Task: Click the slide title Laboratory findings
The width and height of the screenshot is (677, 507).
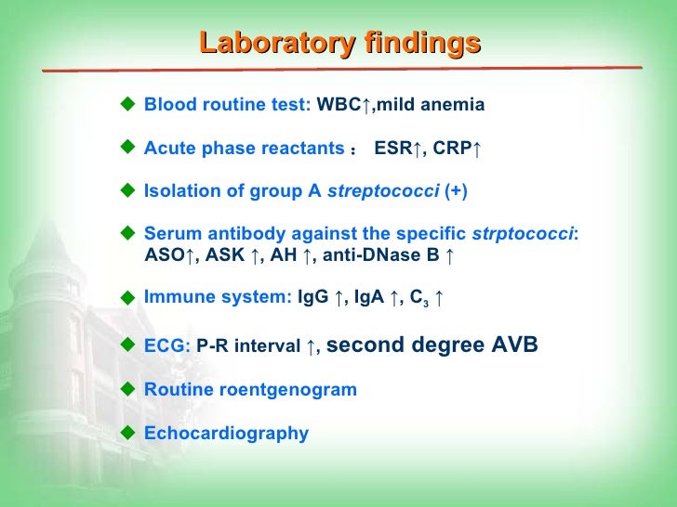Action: [339, 44]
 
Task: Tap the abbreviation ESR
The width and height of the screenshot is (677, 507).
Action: [390, 149]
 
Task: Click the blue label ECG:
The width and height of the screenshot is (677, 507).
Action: [167, 346]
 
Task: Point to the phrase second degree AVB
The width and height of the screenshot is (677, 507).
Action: [432, 345]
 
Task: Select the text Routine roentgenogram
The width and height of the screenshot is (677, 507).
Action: [250, 390]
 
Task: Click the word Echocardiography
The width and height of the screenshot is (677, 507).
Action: [226, 433]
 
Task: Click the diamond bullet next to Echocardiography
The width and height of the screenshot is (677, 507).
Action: [128, 433]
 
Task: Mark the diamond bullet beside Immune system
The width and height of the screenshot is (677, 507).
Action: [128, 298]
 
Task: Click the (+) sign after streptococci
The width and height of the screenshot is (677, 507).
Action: [456, 191]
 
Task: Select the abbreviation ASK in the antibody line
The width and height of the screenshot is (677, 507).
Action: [219, 256]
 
